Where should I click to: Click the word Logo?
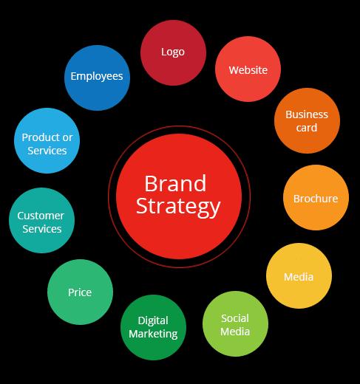point(173,52)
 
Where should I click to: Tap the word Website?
point(248,70)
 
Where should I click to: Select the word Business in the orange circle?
point(307,114)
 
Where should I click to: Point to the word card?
point(307,128)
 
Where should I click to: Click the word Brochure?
point(316,199)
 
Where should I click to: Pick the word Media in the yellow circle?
point(299,277)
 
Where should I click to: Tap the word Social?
point(235,318)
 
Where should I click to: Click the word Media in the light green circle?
point(235,332)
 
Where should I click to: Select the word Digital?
point(153,321)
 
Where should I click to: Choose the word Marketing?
point(153,335)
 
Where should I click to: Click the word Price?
point(80,292)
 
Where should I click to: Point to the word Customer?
point(41,216)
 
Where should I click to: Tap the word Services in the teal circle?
point(42,229)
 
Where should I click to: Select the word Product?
point(41,137)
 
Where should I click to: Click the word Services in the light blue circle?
point(47,151)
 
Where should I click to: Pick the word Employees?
point(97,76)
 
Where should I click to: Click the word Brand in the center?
point(175,183)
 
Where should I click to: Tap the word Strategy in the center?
point(178,207)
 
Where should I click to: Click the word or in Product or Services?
point(67,138)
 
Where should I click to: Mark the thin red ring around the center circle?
point(180,126)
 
